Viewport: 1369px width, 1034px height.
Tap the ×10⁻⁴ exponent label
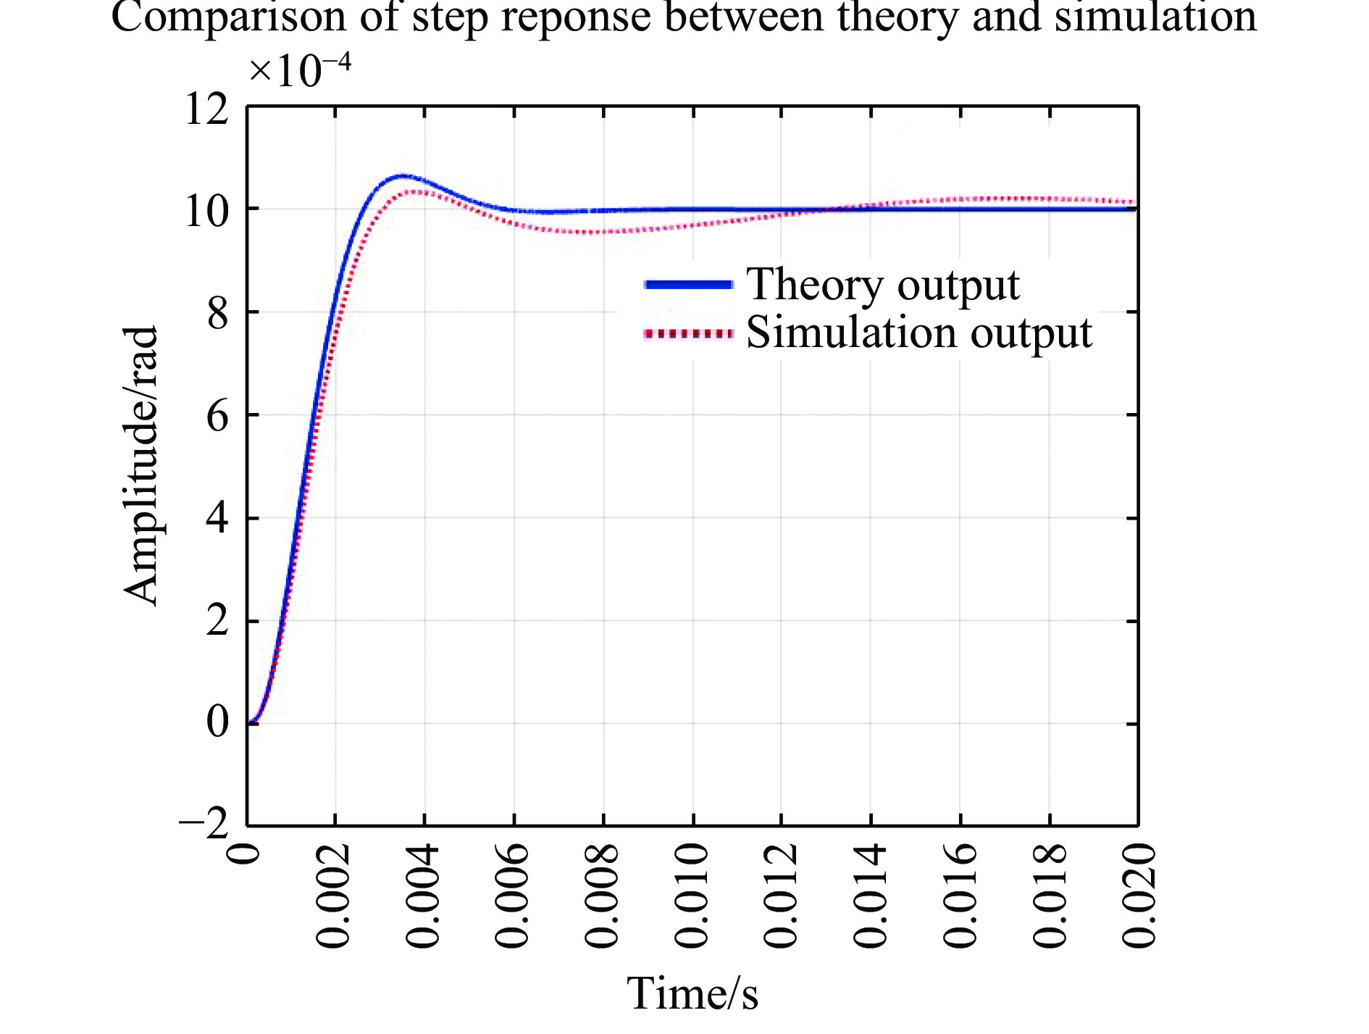point(299,71)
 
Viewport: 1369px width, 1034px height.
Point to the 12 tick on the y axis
point(206,110)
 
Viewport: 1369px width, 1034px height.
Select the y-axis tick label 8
point(217,314)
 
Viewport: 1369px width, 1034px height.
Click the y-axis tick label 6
point(217,417)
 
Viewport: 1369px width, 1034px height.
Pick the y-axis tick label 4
point(217,520)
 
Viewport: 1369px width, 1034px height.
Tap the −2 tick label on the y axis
point(204,823)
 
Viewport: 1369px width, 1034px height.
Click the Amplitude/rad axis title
point(141,465)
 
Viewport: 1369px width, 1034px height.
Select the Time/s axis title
point(692,993)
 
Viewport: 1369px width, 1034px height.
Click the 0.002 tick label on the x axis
point(334,896)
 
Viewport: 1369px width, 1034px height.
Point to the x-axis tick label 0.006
point(513,896)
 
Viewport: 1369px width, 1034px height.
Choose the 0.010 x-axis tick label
point(692,896)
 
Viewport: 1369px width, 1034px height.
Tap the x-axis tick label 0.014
point(871,896)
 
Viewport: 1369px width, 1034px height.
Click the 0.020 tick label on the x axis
point(1139,896)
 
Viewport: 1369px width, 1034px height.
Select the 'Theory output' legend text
point(882,285)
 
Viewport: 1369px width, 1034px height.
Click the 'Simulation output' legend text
point(918,333)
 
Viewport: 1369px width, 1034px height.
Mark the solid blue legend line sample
point(688,285)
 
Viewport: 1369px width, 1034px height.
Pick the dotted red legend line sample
point(688,334)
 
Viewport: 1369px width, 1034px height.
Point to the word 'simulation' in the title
point(1155,17)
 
